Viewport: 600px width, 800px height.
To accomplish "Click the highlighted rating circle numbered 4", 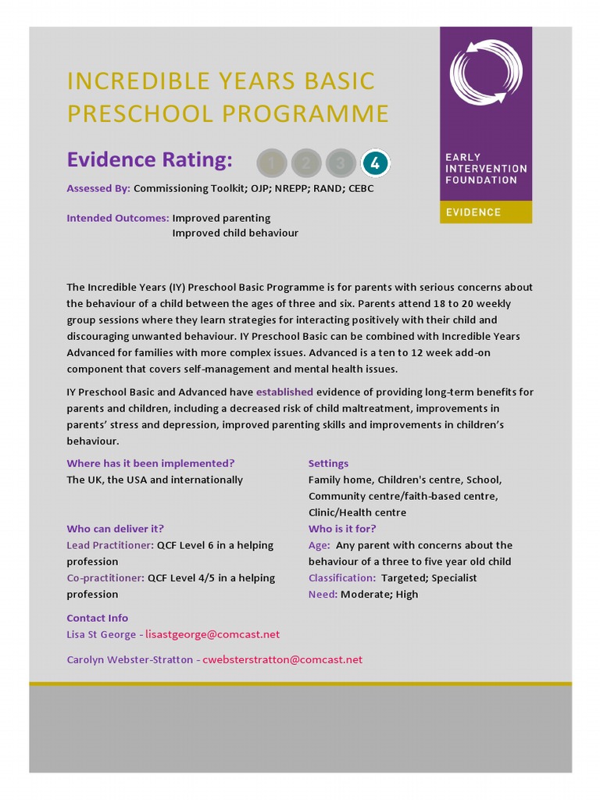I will pyautogui.click(x=375, y=163).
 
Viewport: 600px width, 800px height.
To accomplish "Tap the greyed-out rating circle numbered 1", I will pyautogui.click(x=272, y=163).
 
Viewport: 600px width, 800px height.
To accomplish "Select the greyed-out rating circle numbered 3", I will pyautogui.click(x=341, y=163).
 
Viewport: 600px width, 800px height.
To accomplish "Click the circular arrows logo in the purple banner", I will pyautogui.click(x=485, y=72).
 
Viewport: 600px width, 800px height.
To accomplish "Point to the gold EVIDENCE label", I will pyautogui.click(x=473, y=212).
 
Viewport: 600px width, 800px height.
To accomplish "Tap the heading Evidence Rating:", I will pyautogui.click(x=149, y=160).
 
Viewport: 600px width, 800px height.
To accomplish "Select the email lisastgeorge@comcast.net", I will pyautogui.click(x=212, y=634).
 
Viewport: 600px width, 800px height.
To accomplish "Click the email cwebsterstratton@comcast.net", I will pyautogui.click(x=283, y=659).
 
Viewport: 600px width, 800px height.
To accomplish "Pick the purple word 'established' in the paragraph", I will pyautogui.click(x=284, y=391).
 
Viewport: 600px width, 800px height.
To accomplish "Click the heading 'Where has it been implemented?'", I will pyautogui.click(x=151, y=463).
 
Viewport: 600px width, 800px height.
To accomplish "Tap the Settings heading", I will pyautogui.click(x=328, y=463).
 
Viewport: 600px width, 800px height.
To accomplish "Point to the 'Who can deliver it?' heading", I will pyautogui.click(x=115, y=529).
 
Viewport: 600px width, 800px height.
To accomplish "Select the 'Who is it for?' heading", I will pyautogui.click(x=342, y=529).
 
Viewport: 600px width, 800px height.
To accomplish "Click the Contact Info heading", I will pyautogui.click(x=97, y=618).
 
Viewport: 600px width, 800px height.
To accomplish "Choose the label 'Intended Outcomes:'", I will pyautogui.click(x=117, y=218).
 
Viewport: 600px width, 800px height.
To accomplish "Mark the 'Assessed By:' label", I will pyautogui.click(x=98, y=188).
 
